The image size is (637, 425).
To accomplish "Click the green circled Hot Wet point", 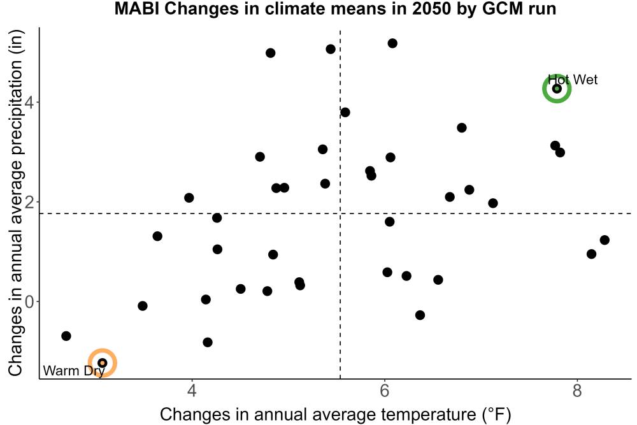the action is pos(557,89).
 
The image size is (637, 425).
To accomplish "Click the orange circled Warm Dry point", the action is pos(103,363).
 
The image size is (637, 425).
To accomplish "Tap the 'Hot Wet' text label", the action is pos(573,80).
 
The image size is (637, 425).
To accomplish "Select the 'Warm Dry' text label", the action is pos(74,371).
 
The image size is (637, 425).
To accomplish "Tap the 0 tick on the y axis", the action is pos(29,302).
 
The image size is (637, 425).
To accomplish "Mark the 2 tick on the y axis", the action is pos(29,202).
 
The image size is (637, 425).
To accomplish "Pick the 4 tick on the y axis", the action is pos(29,102).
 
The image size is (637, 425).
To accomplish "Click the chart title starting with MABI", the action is pos(335,9).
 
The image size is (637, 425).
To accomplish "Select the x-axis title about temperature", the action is pos(335,414).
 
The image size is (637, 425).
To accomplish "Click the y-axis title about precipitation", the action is pos(15,203).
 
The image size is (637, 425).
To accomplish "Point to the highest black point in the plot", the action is pos(392,43).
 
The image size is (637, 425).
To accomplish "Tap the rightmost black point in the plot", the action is pos(605,240).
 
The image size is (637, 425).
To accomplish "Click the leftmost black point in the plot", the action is pos(66,336).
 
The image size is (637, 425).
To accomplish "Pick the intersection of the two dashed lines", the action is pos(340,213).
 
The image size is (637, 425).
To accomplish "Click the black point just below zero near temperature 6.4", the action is pos(420,315).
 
